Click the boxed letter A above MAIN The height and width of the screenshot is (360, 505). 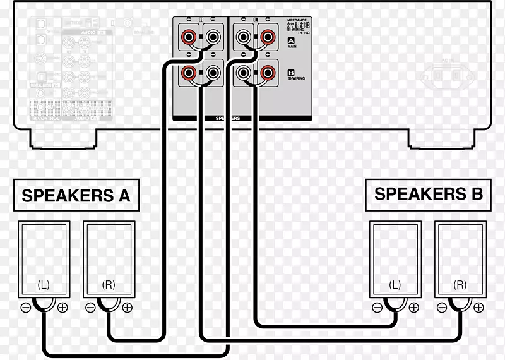tap(291, 40)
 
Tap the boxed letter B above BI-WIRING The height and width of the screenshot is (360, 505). tap(291, 72)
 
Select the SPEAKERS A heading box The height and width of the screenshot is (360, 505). tap(76, 195)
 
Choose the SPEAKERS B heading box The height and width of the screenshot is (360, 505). tap(429, 193)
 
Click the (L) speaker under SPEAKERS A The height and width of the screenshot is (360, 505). tap(44, 258)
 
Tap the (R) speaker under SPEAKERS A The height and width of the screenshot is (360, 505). tap(109, 258)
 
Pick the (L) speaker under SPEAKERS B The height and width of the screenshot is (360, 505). tap(395, 258)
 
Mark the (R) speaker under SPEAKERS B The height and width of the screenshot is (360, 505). tap(460, 258)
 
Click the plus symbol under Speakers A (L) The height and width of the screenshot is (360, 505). tap(62, 308)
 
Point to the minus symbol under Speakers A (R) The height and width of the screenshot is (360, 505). tap(91, 308)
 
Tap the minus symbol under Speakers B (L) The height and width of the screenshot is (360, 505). tap(377, 308)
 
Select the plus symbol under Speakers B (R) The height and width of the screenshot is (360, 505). tap(478, 308)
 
